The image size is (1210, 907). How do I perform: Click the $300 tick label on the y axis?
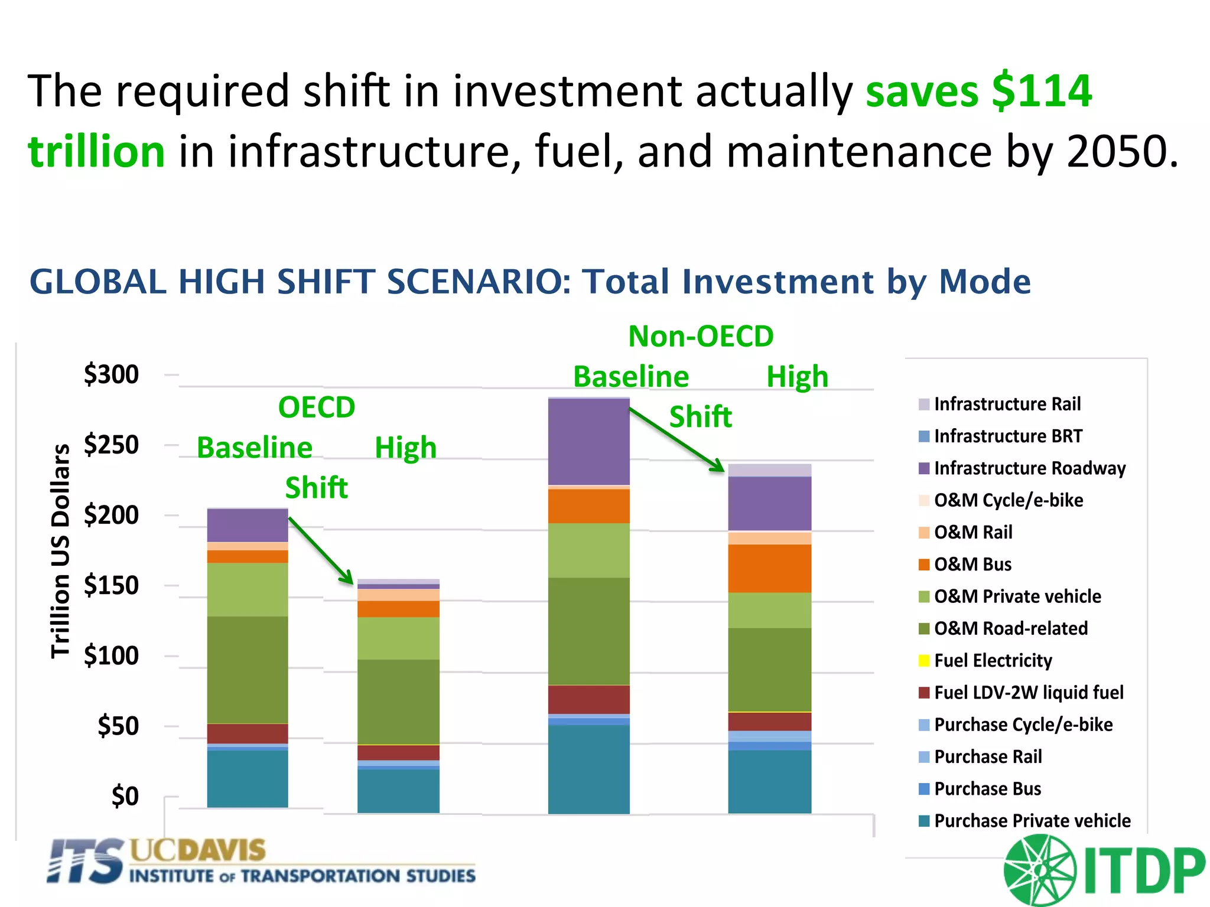(x=111, y=374)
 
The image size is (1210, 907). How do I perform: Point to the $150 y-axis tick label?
(x=111, y=585)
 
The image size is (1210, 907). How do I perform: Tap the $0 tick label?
(x=125, y=796)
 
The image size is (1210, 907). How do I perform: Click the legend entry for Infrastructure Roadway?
(x=1029, y=468)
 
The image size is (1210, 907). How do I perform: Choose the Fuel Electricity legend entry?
(x=993, y=660)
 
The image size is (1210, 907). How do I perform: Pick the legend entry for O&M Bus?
(x=972, y=565)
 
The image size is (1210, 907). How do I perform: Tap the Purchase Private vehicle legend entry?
(x=1032, y=821)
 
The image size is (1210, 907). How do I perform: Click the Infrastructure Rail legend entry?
(x=1007, y=404)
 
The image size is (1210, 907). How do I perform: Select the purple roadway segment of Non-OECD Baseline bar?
(x=588, y=442)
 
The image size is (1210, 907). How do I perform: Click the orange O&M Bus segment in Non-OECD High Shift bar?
(x=769, y=568)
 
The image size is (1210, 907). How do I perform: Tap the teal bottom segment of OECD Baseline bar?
(x=248, y=778)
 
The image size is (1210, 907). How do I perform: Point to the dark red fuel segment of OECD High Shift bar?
(x=398, y=752)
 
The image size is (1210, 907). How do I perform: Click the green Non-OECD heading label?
(x=701, y=337)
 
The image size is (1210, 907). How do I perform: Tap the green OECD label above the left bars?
(x=317, y=407)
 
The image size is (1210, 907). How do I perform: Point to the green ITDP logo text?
(x=1144, y=871)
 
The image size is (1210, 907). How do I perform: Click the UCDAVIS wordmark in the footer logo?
(x=197, y=850)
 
